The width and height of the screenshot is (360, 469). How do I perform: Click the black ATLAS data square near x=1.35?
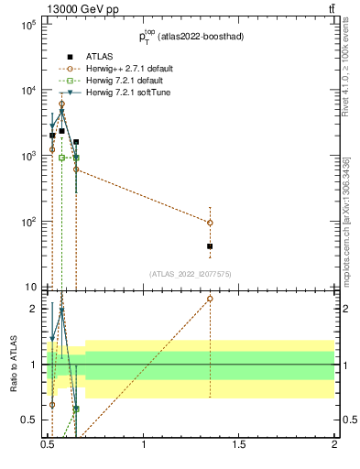(210, 246)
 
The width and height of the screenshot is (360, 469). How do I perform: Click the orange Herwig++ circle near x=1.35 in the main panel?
(210, 223)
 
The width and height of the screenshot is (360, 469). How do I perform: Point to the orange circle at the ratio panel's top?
(210, 299)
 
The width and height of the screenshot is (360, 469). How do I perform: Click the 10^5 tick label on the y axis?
(27, 25)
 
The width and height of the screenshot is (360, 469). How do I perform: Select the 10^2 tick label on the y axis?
(27, 222)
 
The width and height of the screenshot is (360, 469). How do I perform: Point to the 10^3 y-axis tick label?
(27, 156)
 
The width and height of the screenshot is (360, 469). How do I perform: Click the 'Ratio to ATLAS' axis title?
(14, 365)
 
